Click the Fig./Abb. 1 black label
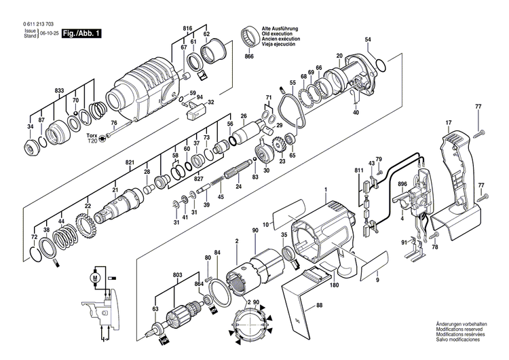81,32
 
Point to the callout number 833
60,90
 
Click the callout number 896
402,184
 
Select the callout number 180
335,286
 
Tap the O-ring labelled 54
381,66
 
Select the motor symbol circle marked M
95,277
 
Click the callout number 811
358,170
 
